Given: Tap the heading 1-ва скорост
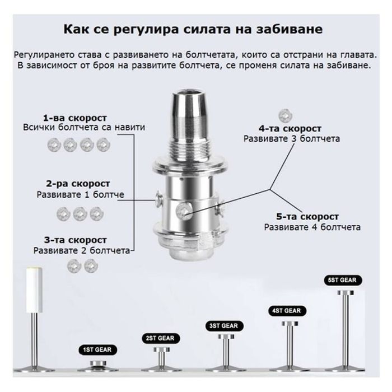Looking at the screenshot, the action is coord(75,118).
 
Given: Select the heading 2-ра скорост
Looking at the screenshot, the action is coord(78,184).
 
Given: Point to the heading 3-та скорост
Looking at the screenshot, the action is coord(76,240).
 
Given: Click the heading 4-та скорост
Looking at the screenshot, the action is coord(290,129).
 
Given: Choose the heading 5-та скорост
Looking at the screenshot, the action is coord(307,217).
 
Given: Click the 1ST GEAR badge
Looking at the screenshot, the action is coord(97,350).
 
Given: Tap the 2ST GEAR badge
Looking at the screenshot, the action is coord(160,338).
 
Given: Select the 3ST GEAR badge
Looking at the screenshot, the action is coord(224,326).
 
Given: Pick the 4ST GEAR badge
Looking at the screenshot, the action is coord(287,311).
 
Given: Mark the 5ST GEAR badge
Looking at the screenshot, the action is coord(342,280).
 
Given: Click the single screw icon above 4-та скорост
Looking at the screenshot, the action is coord(285,116).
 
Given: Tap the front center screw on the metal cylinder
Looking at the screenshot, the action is coord(184,211).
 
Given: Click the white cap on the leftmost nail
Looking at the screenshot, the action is coord(35,290).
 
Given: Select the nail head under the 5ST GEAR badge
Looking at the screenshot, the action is coord(346,293).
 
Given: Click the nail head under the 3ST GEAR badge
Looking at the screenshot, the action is coord(226,337).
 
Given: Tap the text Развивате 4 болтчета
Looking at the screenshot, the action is coord(312,227).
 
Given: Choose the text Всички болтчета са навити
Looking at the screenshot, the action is coord(84,127).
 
